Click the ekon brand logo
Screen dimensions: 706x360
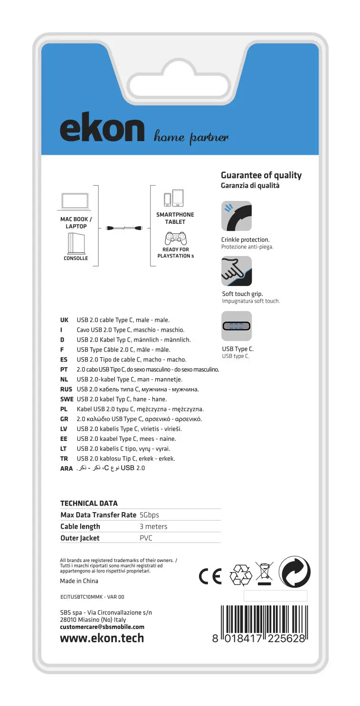(102, 129)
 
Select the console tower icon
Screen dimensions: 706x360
(76, 245)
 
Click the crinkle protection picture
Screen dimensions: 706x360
(237, 216)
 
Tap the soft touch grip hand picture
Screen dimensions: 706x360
(237, 271)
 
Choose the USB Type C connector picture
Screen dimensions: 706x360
(237, 326)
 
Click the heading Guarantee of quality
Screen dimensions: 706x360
(261, 175)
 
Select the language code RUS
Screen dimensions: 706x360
(66, 389)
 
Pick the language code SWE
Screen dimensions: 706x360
(66, 399)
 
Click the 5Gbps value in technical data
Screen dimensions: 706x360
(150, 515)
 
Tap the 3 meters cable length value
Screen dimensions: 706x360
(153, 526)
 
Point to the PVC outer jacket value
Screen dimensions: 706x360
(145, 538)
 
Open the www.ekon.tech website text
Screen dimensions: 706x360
(102, 638)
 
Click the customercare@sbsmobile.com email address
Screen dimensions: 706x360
(102, 627)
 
